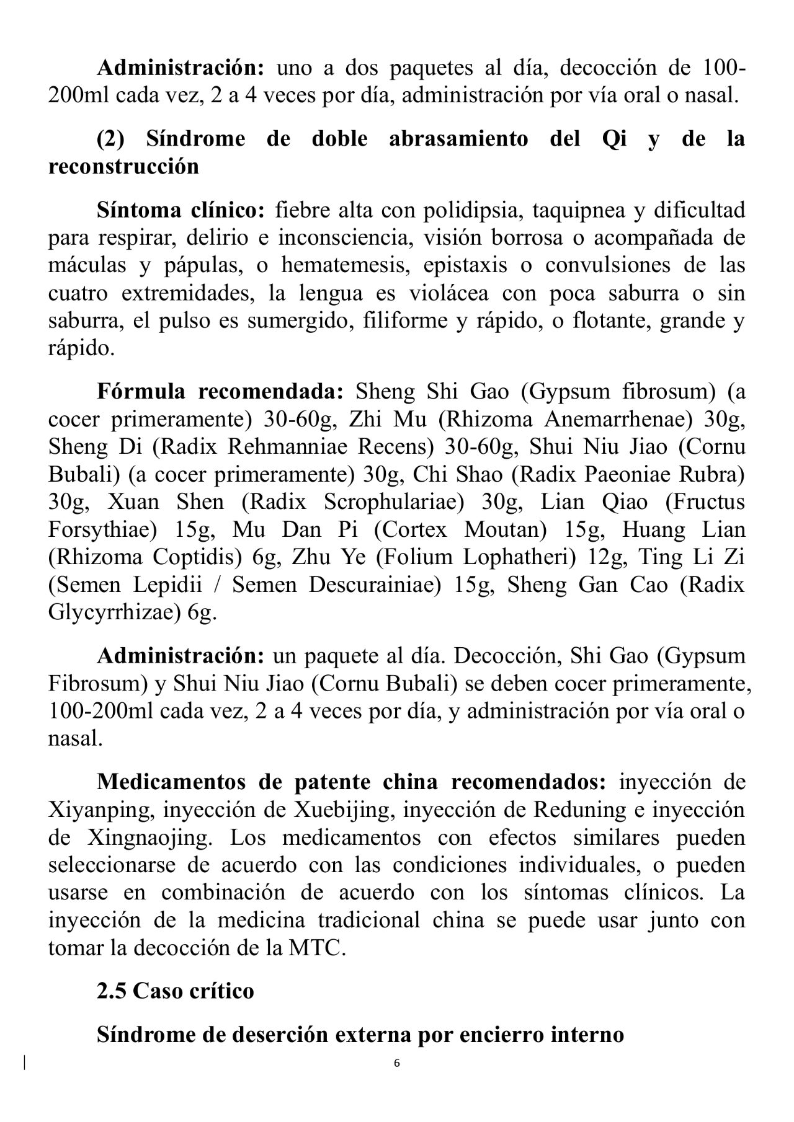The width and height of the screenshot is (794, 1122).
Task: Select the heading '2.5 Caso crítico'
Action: tap(175, 991)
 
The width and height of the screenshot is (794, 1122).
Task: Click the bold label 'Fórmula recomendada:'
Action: tap(220, 392)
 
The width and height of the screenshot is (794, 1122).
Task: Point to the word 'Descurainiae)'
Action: tap(375, 585)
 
